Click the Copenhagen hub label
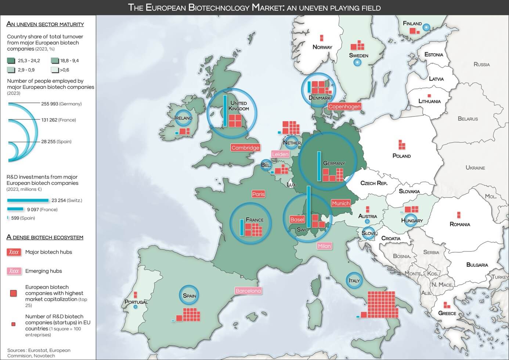pos(344,107)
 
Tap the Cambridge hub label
pos(245,148)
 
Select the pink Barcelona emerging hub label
pos(248,291)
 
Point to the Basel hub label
pos(297,219)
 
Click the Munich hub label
pos(341,203)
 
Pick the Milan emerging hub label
pos(324,246)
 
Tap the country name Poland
pos(401,156)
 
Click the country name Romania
pos(459,224)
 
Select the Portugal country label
pos(136,302)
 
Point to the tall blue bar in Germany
pos(319,166)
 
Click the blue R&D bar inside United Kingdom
pos(225,111)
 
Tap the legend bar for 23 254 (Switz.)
pos(28,200)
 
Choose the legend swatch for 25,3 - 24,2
pos(11,61)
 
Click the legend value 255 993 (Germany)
pos(61,104)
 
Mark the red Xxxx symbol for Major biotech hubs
pos(14,252)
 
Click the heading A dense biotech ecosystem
pos(45,237)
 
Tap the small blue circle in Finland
pos(426,27)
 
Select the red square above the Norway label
pos(322,38)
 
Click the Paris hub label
pos(258,194)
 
